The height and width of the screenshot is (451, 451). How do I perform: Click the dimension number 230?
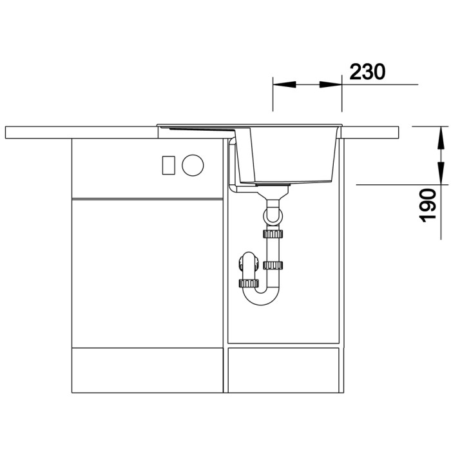(367, 72)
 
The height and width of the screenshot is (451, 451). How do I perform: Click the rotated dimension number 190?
(428, 206)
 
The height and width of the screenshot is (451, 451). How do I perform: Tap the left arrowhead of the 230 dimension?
(284, 84)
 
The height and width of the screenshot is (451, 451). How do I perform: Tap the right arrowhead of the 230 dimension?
(331, 84)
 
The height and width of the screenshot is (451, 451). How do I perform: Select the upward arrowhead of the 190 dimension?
(440, 138)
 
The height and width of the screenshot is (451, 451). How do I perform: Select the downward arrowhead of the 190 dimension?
(440, 173)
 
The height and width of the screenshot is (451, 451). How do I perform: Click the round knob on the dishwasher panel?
(193, 165)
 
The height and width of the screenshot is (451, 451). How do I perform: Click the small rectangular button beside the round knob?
(169, 165)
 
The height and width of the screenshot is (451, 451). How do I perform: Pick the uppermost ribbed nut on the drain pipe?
(273, 233)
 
